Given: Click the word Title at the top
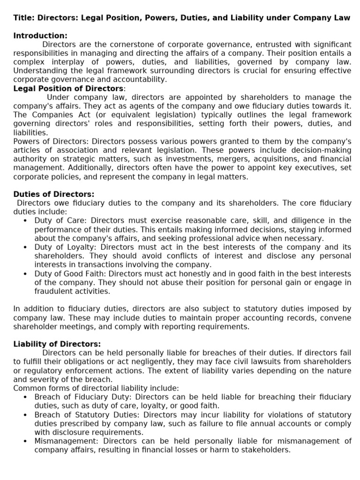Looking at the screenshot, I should pyautogui.click(x=22, y=18).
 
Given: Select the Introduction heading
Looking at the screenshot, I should pyautogui.click(x=40, y=36).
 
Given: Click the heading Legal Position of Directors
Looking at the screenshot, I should pyautogui.click(x=68, y=89).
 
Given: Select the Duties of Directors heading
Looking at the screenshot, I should pyautogui.click(x=53, y=194).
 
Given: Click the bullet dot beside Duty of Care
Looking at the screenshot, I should pyautogui.click(x=25, y=221).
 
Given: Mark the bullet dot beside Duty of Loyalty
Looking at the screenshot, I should pyautogui.click(x=25, y=247).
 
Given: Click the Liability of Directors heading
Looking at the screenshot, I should pyautogui.click(x=57, y=344).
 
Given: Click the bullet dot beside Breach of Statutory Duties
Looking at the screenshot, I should pyautogui.click(x=25, y=415).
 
